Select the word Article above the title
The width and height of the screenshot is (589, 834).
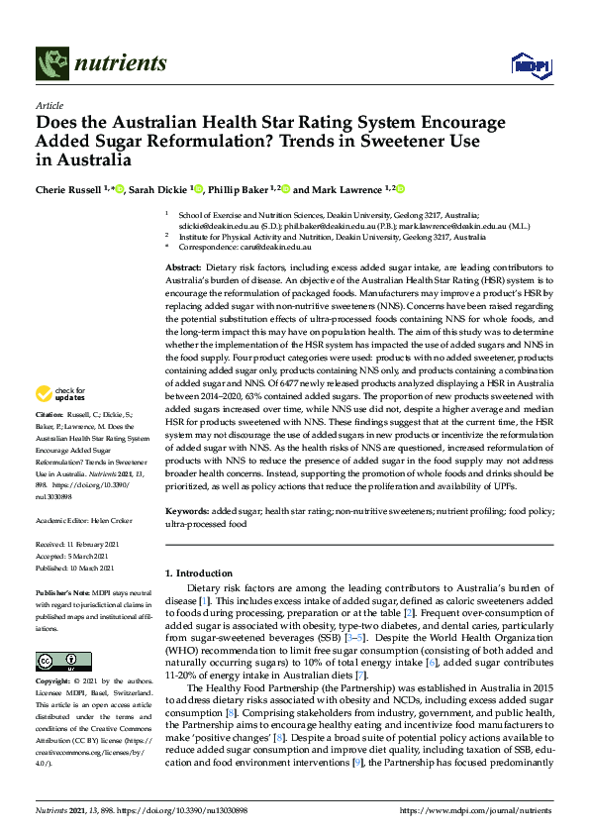(48, 104)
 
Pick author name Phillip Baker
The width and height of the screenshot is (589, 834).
(241, 189)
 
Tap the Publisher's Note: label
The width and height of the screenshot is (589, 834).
(61, 590)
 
